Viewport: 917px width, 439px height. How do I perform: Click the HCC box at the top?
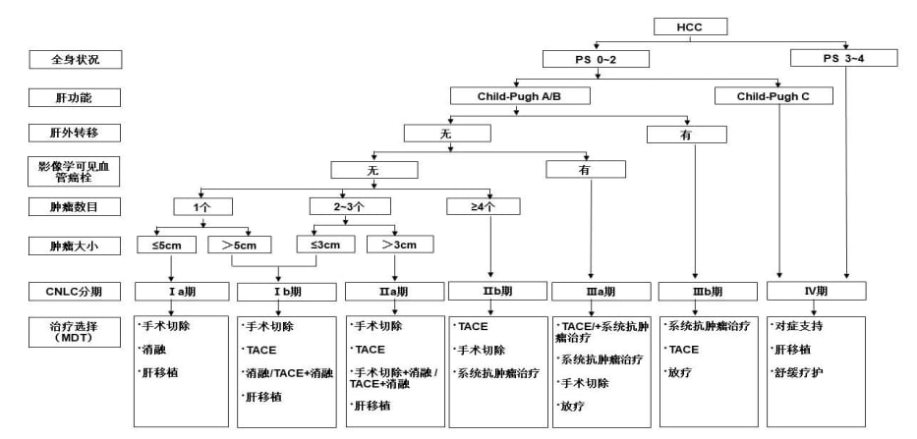691,27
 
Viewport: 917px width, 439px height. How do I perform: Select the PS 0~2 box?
595,59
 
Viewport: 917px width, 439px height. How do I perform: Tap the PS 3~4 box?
846,59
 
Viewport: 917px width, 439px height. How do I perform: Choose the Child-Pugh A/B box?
520,96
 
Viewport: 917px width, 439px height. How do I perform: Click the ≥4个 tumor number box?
483,207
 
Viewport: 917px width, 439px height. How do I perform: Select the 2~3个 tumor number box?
336,207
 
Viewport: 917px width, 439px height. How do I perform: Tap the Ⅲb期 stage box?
704,292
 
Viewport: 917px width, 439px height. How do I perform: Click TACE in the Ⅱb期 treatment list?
473,326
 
